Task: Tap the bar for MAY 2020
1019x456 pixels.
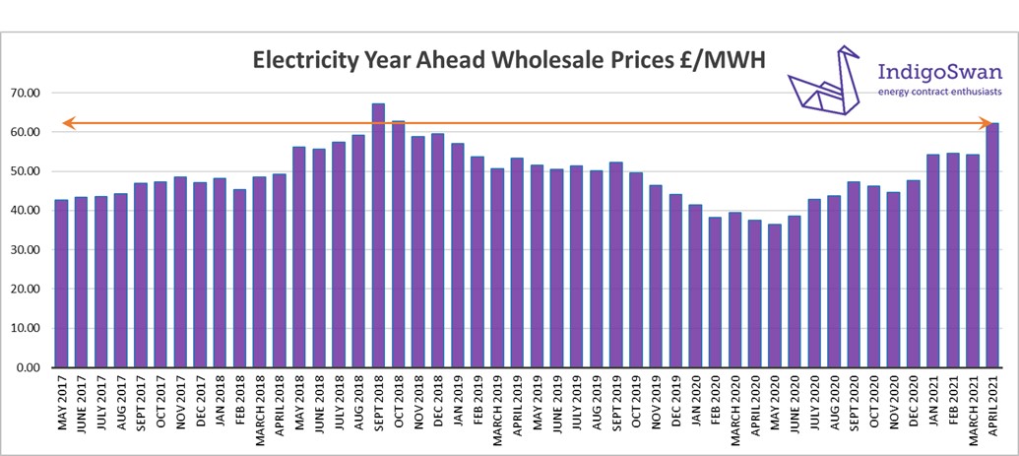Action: [775, 295]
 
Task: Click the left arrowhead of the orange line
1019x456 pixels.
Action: [68, 123]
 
